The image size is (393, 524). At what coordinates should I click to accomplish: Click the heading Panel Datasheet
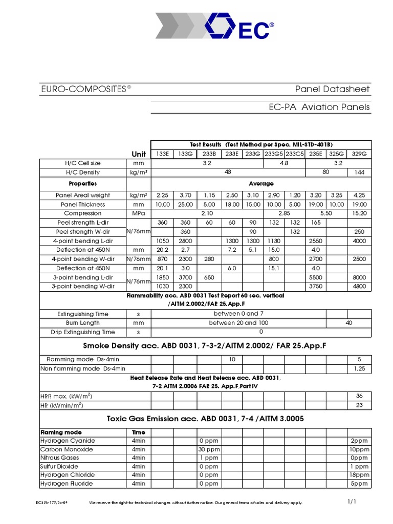332,90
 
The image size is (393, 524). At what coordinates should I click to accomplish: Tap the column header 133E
162,154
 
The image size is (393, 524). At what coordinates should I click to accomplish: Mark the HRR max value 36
359,396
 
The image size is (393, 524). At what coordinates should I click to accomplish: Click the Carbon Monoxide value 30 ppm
209,449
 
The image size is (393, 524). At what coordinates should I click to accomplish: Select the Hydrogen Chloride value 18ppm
359,475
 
